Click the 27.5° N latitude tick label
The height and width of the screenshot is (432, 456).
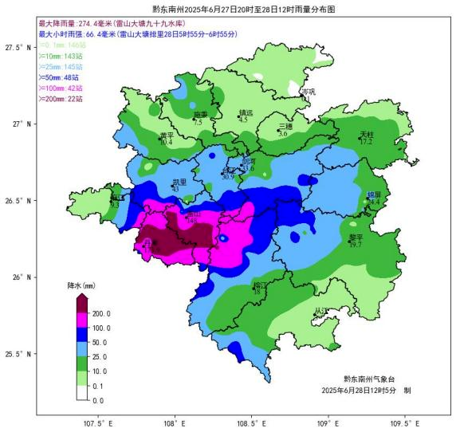point(17,48)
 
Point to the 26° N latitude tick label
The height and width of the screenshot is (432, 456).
point(17,277)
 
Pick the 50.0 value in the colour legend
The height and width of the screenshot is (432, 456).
point(101,343)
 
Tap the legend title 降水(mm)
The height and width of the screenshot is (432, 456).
point(81,285)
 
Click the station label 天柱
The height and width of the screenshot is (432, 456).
point(367,134)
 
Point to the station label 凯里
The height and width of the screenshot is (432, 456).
point(179,182)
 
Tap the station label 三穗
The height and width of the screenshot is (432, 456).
point(285,127)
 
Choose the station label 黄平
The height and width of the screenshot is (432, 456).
point(166,135)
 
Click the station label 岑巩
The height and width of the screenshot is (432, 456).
point(309,92)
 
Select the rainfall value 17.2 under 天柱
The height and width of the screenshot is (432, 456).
point(366,142)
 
